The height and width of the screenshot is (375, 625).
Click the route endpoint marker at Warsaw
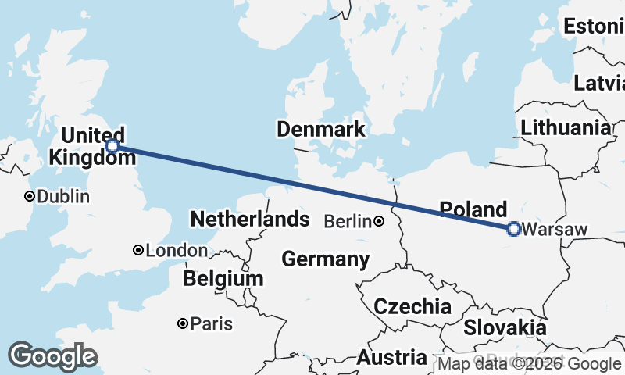pyautogui.click(x=513, y=229)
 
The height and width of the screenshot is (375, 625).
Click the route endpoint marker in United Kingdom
pyautogui.click(x=112, y=146)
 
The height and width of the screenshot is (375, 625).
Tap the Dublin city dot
pyautogui.click(x=30, y=196)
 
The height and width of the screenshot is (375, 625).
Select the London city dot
pyautogui.click(x=138, y=251)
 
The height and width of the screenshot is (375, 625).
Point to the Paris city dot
pyautogui.click(x=182, y=323)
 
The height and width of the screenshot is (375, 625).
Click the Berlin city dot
pyautogui.click(x=379, y=222)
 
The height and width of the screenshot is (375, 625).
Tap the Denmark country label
pyautogui.click(x=320, y=130)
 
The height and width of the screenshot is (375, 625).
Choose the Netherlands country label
pyautogui.click(x=249, y=219)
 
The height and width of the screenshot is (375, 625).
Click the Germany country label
pyautogui.click(x=326, y=259)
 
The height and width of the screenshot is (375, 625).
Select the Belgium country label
pyautogui.click(x=223, y=279)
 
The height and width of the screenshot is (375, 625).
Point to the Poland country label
pyautogui.click(x=473, y=209)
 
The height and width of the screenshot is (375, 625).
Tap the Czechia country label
pyautogui.click(x=412, y=306)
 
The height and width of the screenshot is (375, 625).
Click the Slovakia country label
pyautogui.click(x=505, y=327)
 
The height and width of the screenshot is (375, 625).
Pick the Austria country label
pyautogui.click(x=392, y=359)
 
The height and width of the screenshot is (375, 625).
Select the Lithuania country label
pyautogui.click(x=566, y=127)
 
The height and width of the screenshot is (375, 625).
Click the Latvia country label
pyautogui.click(x=600, y=84)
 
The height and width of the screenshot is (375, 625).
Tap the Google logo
pyautogui.click(x=52, y=356)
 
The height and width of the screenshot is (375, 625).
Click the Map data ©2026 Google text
pyautogui.click(x=529, y=363)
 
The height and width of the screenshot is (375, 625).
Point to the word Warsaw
pyautogui.click(x=553, y=230)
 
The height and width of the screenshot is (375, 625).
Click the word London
pyautogui.click(x=177, y=251)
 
